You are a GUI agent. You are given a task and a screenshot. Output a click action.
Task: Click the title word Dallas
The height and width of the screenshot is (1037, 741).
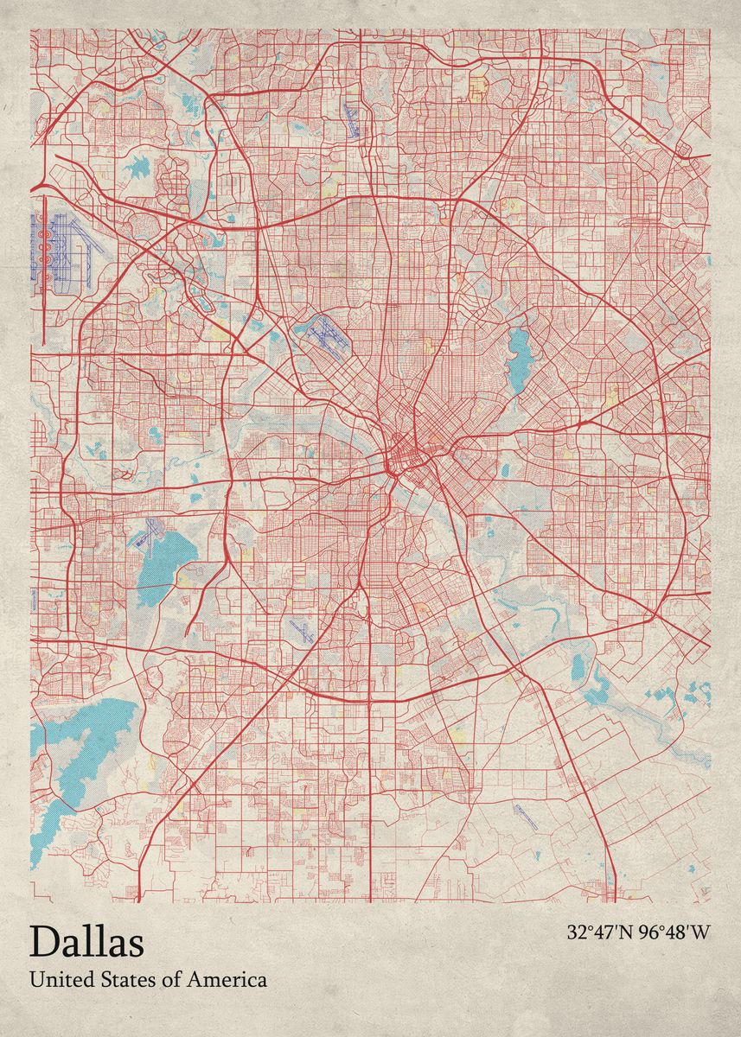click(x=86, y=941)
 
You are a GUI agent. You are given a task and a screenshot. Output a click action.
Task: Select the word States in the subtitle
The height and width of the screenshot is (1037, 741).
click(x=118, y=980)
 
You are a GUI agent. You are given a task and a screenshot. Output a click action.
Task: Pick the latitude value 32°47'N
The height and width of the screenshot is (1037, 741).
click(x=600, y=932)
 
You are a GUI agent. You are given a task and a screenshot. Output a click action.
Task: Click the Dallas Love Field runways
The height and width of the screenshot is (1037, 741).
click(x=324, y=334)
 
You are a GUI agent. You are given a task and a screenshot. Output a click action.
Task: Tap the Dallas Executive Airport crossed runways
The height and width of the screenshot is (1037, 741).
click(x=302, y=630)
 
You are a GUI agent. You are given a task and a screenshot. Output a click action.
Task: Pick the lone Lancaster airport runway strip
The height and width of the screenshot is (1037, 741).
click(x=525, y=817)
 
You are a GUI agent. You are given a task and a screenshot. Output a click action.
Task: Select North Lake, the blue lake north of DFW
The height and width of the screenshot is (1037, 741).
click(x=138, y=169)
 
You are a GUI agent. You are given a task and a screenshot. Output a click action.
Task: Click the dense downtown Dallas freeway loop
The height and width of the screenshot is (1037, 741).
click(x=402, y=454)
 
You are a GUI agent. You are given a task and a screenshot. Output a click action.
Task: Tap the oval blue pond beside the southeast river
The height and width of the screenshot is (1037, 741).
click(x=578, y=666)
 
